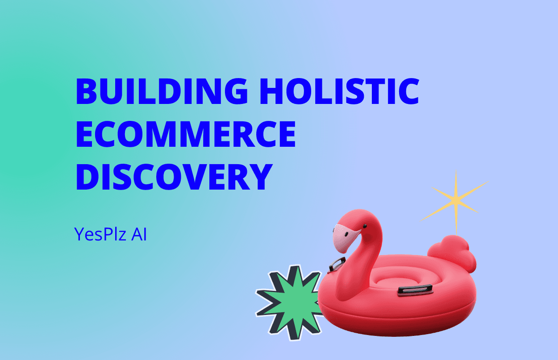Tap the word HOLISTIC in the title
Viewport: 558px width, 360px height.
[x=340, y=91]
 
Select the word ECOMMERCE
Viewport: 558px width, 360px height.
[x=186, y=134]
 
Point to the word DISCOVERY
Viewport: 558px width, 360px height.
[x=174, y=177]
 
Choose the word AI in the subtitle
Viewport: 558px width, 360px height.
[x=139, y=234]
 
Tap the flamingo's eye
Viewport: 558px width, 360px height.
[x=365, y=226]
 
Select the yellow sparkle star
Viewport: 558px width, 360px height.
[x=455, y=202]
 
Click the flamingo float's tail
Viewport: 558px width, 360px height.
[x=452, y=252]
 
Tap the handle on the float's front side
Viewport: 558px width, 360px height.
[x=415, y=290]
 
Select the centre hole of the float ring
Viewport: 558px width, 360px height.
[x=397, y=281]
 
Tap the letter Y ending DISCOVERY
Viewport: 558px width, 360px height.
[x=261, y=177]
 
